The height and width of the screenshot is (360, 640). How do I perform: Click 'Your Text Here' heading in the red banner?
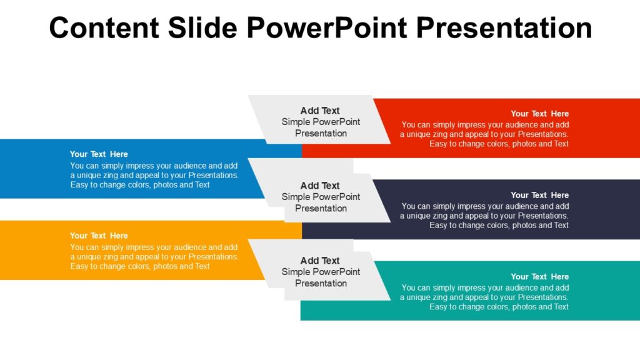pos(539,114)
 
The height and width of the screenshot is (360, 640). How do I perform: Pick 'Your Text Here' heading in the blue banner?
pos(99,154)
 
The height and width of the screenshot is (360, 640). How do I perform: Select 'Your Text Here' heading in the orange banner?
pos(99,236)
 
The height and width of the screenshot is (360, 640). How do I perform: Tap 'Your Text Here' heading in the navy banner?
pos(539,195)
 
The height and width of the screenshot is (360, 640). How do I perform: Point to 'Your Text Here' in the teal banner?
pos(539,276)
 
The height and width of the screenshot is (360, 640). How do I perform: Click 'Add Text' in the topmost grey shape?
pos(320,111)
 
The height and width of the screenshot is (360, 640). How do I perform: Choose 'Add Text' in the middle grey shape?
pos(320,186)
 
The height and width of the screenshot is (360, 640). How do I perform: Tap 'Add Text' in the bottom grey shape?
pos(320,261)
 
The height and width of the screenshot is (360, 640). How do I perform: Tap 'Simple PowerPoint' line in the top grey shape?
pos(321,122)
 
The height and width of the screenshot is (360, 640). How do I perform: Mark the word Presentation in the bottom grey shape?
pos(321,284)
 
